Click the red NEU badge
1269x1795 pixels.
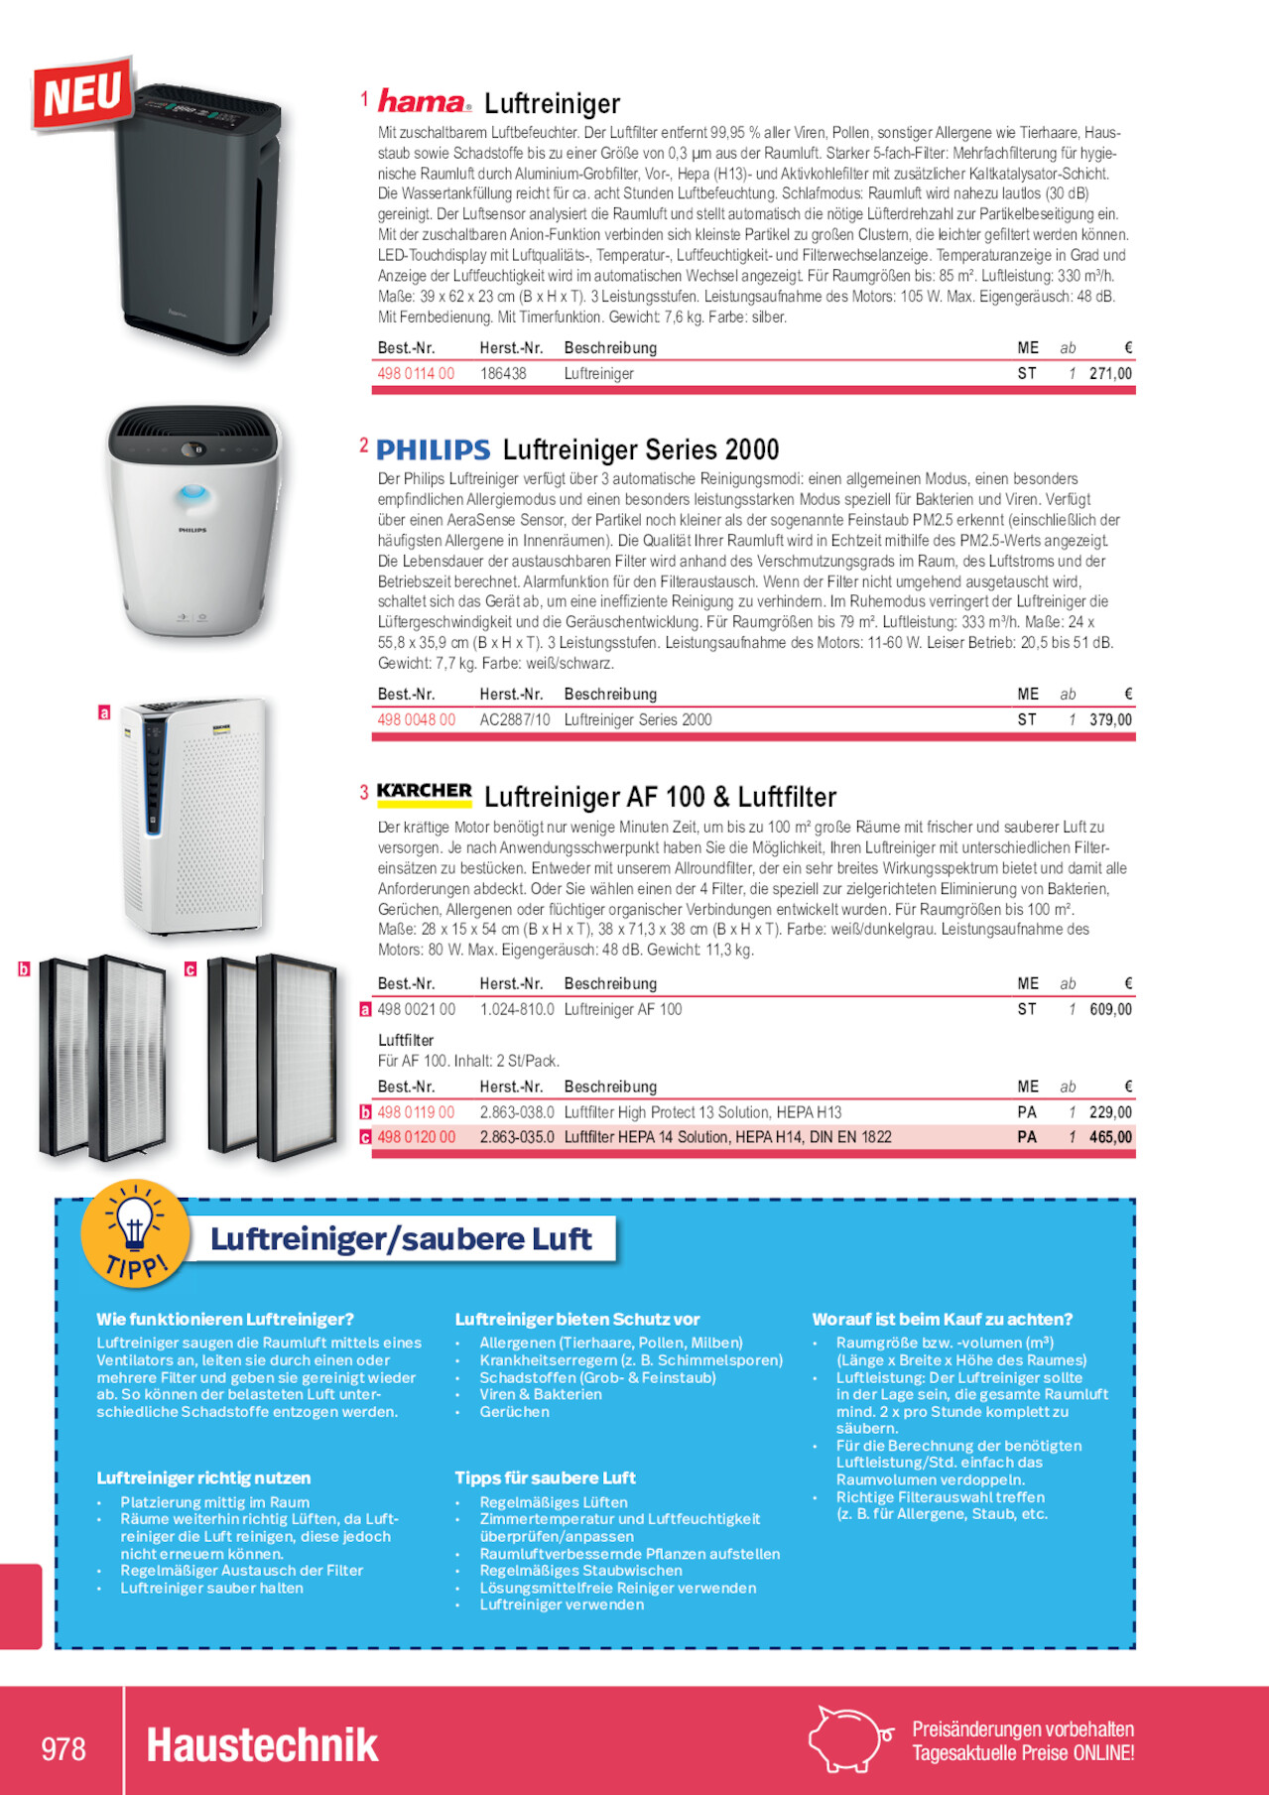(x=83, y=93)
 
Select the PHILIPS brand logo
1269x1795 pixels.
(x=434, y=450)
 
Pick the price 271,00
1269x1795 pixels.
(x=1110, y=374)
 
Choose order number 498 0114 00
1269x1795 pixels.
(x=416, y=374)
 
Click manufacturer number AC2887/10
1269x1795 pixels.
(x=514, y=720)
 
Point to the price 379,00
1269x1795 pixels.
(x=1110, y=720)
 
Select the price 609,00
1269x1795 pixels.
(x=1110, y=1010)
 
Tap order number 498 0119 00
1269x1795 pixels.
(x=416, y=1113)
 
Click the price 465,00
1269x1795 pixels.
(x=1110, y=1138)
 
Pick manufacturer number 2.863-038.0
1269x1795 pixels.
(x=517, y=1113)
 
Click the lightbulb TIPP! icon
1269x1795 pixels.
(x=135, y=1232)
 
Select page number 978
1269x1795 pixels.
(x=63, y=1747)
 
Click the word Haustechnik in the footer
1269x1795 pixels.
(x=262, y=1745)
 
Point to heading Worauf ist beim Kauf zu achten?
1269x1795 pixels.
(x=943, y=1320)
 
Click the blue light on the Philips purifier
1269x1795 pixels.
(x=193, y=493)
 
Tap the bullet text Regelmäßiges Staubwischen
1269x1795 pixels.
(x=580, y=1571)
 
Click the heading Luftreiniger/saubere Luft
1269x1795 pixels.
(x=401, y=1239)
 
